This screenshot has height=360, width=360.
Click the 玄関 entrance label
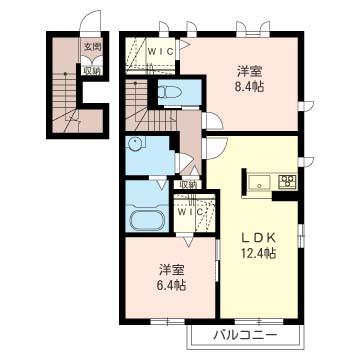pyautogui.click(x=91, y=45)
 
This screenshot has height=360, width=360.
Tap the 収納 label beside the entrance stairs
pyautogui.click(x=91, y=70)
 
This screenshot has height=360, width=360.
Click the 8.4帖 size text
pyautogui.click(x=250, y=87)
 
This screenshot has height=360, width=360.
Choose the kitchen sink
pyautogui.click(x=257, y=182)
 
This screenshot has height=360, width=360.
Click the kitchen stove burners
pyautogui.click(x=288, y=182)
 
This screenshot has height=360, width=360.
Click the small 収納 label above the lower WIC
pyautogui.click(x=187, y=184)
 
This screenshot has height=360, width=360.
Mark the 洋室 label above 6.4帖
pyautogui.click(x=171, y=269)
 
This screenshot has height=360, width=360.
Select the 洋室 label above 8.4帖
pyautogui.click(x=250, y=71)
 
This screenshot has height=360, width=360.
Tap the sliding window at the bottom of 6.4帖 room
pyautogui.click(x=165, y=322)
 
